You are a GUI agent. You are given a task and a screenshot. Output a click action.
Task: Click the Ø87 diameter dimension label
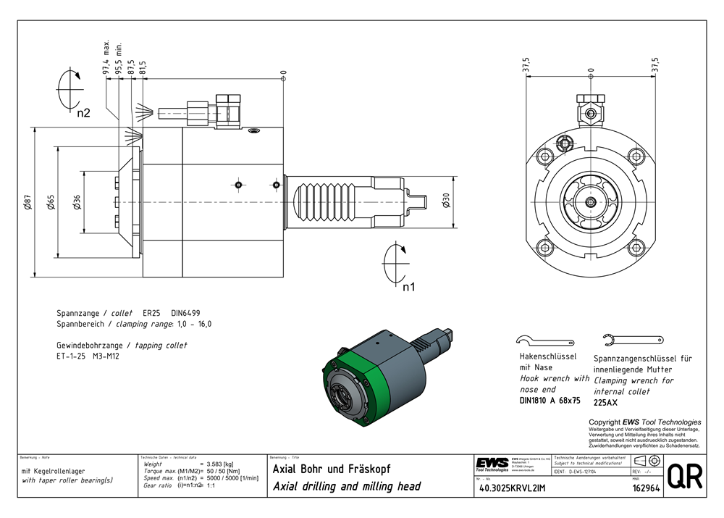click(28, 203)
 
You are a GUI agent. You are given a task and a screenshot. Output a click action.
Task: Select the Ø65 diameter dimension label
click(51, 203)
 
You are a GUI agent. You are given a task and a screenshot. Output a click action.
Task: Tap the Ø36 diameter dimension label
click(77, 203)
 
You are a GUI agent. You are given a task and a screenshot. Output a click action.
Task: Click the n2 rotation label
click(84, 113)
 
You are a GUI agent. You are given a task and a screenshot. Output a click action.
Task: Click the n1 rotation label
click(408, 287)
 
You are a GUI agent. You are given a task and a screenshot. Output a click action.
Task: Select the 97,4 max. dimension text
click(106, 58)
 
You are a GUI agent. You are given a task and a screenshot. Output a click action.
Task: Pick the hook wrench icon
click(546, 341)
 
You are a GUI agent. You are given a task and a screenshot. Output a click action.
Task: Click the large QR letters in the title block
click(684, 477)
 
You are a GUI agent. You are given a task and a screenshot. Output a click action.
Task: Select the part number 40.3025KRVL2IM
click(513, 489)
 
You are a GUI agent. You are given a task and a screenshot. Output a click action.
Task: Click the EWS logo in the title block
click(492, 463)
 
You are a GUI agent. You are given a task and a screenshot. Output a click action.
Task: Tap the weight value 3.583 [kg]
click(220, 464)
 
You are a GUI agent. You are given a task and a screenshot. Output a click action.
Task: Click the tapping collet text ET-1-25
click(70, 356)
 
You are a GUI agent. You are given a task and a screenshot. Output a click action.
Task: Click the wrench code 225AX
click(606, 402)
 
